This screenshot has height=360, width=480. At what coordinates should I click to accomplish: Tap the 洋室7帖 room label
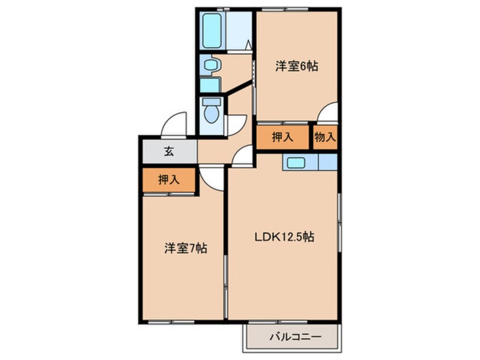click(185, 248)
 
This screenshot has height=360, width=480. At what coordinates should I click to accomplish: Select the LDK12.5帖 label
click(284, 238)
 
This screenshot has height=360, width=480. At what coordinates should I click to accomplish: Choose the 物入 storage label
click(325, 137)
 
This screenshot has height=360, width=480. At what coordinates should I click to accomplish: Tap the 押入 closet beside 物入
click(282, 137)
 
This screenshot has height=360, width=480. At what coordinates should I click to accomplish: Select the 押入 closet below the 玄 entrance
click(169, 180)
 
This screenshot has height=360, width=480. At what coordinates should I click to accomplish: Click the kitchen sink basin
click(297, 162)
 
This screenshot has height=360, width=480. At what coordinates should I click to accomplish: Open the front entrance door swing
click(174, 123)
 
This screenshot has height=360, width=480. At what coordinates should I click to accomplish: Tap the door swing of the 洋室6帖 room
click(328, 112)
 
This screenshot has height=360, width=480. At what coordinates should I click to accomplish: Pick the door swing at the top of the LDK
click(242, 155)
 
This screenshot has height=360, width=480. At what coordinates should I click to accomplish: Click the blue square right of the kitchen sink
click(327, 162)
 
